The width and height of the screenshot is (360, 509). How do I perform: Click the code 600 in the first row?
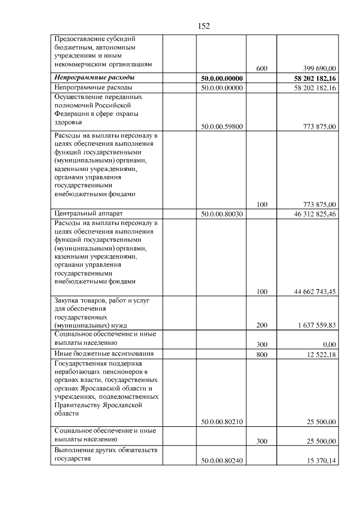[261, 68]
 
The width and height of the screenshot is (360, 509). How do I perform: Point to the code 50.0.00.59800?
[222, 127]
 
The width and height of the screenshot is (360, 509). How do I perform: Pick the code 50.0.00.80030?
[222, 214]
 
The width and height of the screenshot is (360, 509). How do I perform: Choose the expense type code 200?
[262, 326]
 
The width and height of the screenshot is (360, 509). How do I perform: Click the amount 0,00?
[328, 344]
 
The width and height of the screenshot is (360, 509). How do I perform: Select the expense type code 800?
[262, 354]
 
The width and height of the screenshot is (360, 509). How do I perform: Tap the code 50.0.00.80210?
[222, 422]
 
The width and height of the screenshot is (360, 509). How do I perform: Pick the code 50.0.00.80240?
[222, 461]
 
